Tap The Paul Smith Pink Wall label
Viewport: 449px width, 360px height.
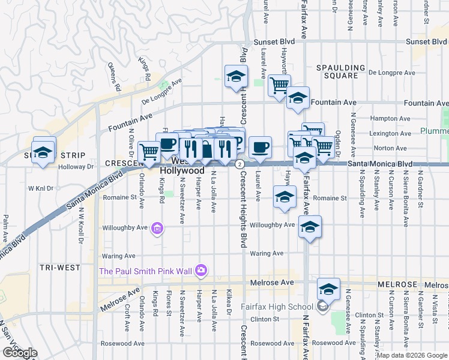(x=145, y=271)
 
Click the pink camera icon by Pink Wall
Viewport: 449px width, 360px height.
(x=200, y=271)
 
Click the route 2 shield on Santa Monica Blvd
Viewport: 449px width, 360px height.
(x=239, y=164)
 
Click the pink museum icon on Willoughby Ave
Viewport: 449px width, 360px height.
(x=158, y=227)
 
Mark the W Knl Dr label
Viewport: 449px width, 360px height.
(x=41, y=188)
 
